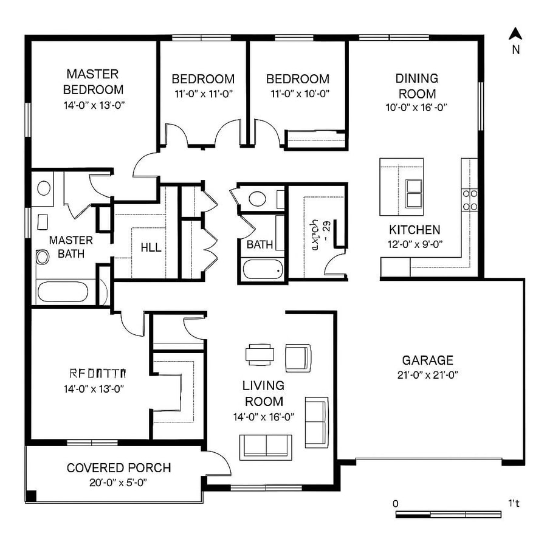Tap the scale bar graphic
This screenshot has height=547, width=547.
[449, 514]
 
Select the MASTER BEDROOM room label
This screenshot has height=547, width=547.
[94, 82]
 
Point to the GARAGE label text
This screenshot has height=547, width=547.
[427, 360]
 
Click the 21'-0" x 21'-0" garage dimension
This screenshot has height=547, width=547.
[427, 375]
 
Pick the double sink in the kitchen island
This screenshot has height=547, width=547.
[415, 194]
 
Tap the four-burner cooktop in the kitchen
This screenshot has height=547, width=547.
[470, 200]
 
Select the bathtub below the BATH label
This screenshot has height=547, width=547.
[263, 269]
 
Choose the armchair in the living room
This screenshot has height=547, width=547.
[298, 357]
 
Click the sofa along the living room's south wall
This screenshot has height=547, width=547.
[266, 446]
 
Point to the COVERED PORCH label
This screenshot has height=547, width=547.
[119, 468]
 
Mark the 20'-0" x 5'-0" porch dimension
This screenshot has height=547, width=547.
[119, 483]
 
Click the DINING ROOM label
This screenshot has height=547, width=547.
[416, 86]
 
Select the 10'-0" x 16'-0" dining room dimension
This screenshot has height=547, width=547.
[417, 108]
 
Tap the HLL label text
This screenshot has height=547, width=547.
[151, 248]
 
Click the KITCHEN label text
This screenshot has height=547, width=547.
[415, 230]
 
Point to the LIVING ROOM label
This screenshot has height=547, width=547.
[263, 393]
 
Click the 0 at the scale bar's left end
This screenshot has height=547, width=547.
[396, 503]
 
